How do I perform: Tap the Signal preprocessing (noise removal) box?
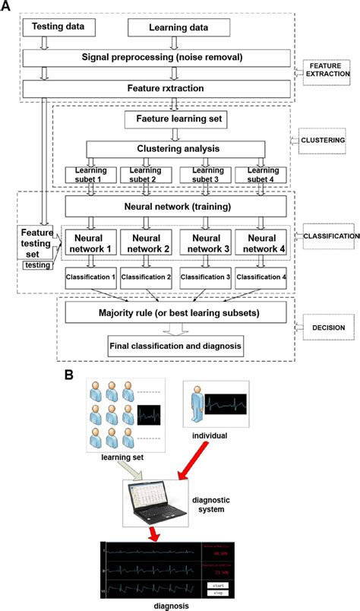tap(156, 58)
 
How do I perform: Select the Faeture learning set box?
tap(177, 119)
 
